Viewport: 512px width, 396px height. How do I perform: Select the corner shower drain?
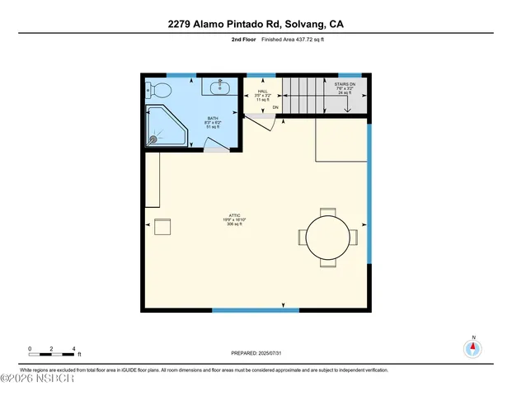(153, 139)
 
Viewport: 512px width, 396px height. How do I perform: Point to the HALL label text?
(262, 92)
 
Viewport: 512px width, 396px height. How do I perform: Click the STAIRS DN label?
(345, 84)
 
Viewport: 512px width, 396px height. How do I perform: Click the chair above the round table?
(327, 211)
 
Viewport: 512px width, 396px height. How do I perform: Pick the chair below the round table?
(327, 265)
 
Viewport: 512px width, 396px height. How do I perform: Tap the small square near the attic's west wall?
(162, 227)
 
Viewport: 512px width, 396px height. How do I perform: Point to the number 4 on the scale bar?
(73, 348)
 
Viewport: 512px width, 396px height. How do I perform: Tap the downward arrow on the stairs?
(346, 106)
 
